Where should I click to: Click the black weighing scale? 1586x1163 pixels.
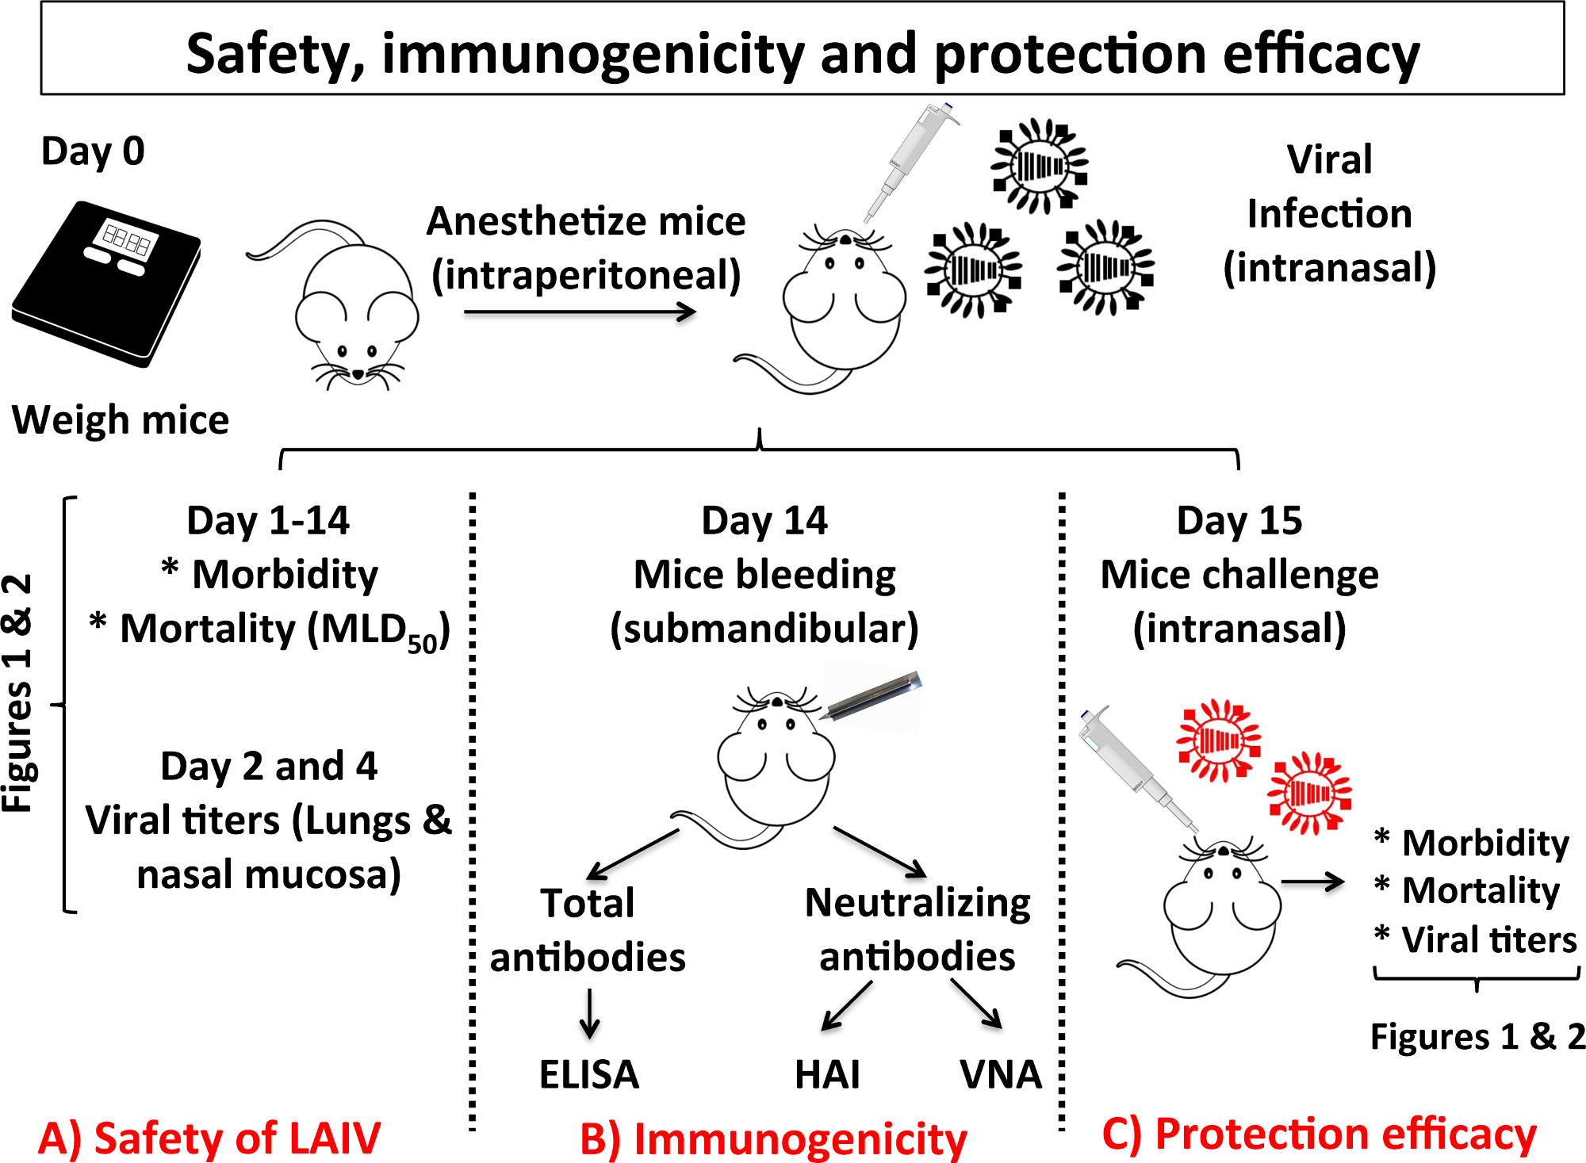point(107,285)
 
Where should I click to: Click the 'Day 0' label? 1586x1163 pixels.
point(93,151)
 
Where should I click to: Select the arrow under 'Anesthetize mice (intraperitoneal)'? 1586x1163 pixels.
point(579,312)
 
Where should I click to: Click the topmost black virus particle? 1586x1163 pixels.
point(1039,166)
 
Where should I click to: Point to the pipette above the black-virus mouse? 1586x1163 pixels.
point(912,159)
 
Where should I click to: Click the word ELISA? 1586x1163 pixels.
point(588,1074)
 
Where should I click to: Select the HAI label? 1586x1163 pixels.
point(827,1074)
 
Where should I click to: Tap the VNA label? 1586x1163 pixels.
point(1000,1074)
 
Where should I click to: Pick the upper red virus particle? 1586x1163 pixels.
point(1218,740)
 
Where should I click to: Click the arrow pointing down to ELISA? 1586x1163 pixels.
point(589,1013)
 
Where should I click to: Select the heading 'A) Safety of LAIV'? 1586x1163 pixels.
point(209,1138)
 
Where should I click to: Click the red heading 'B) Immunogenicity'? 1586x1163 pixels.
point(773,1139)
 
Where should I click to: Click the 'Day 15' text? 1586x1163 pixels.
point(1239,521)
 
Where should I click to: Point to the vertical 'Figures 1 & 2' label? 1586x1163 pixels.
point(17,694)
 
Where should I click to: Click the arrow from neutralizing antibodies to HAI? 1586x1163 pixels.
point(846,1006)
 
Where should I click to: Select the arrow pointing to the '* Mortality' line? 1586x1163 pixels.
point(1312,882)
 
